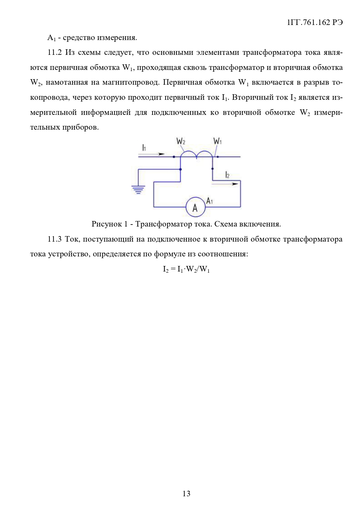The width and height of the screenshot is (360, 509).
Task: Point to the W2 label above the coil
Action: [181, 142]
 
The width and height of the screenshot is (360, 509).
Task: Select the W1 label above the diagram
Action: [218, 142]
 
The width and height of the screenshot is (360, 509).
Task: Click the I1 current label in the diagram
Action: [144, 148]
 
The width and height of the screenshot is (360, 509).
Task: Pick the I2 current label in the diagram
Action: [227, 175]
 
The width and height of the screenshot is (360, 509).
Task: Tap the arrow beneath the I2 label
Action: [226, 184]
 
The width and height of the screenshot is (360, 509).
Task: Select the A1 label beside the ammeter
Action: [209, 201]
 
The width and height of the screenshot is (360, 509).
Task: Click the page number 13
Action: [186, 493]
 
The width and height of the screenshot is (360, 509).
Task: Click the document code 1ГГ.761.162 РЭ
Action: [315, 23]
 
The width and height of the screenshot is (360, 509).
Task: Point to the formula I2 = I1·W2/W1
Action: [186, 269]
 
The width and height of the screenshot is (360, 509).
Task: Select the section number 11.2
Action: [55, 52]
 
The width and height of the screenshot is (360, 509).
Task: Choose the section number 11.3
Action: [55, 239]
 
